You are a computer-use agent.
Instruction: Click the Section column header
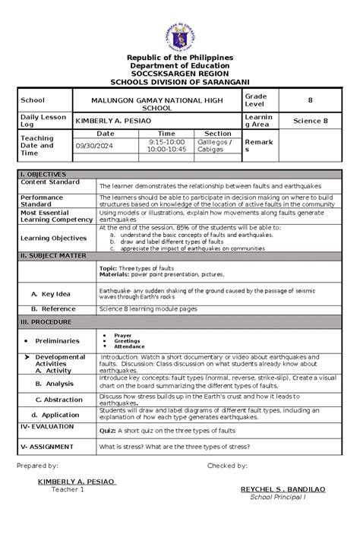point(217,133)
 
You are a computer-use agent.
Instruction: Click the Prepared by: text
point(38,466)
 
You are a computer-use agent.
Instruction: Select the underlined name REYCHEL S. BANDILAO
point(283,489)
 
